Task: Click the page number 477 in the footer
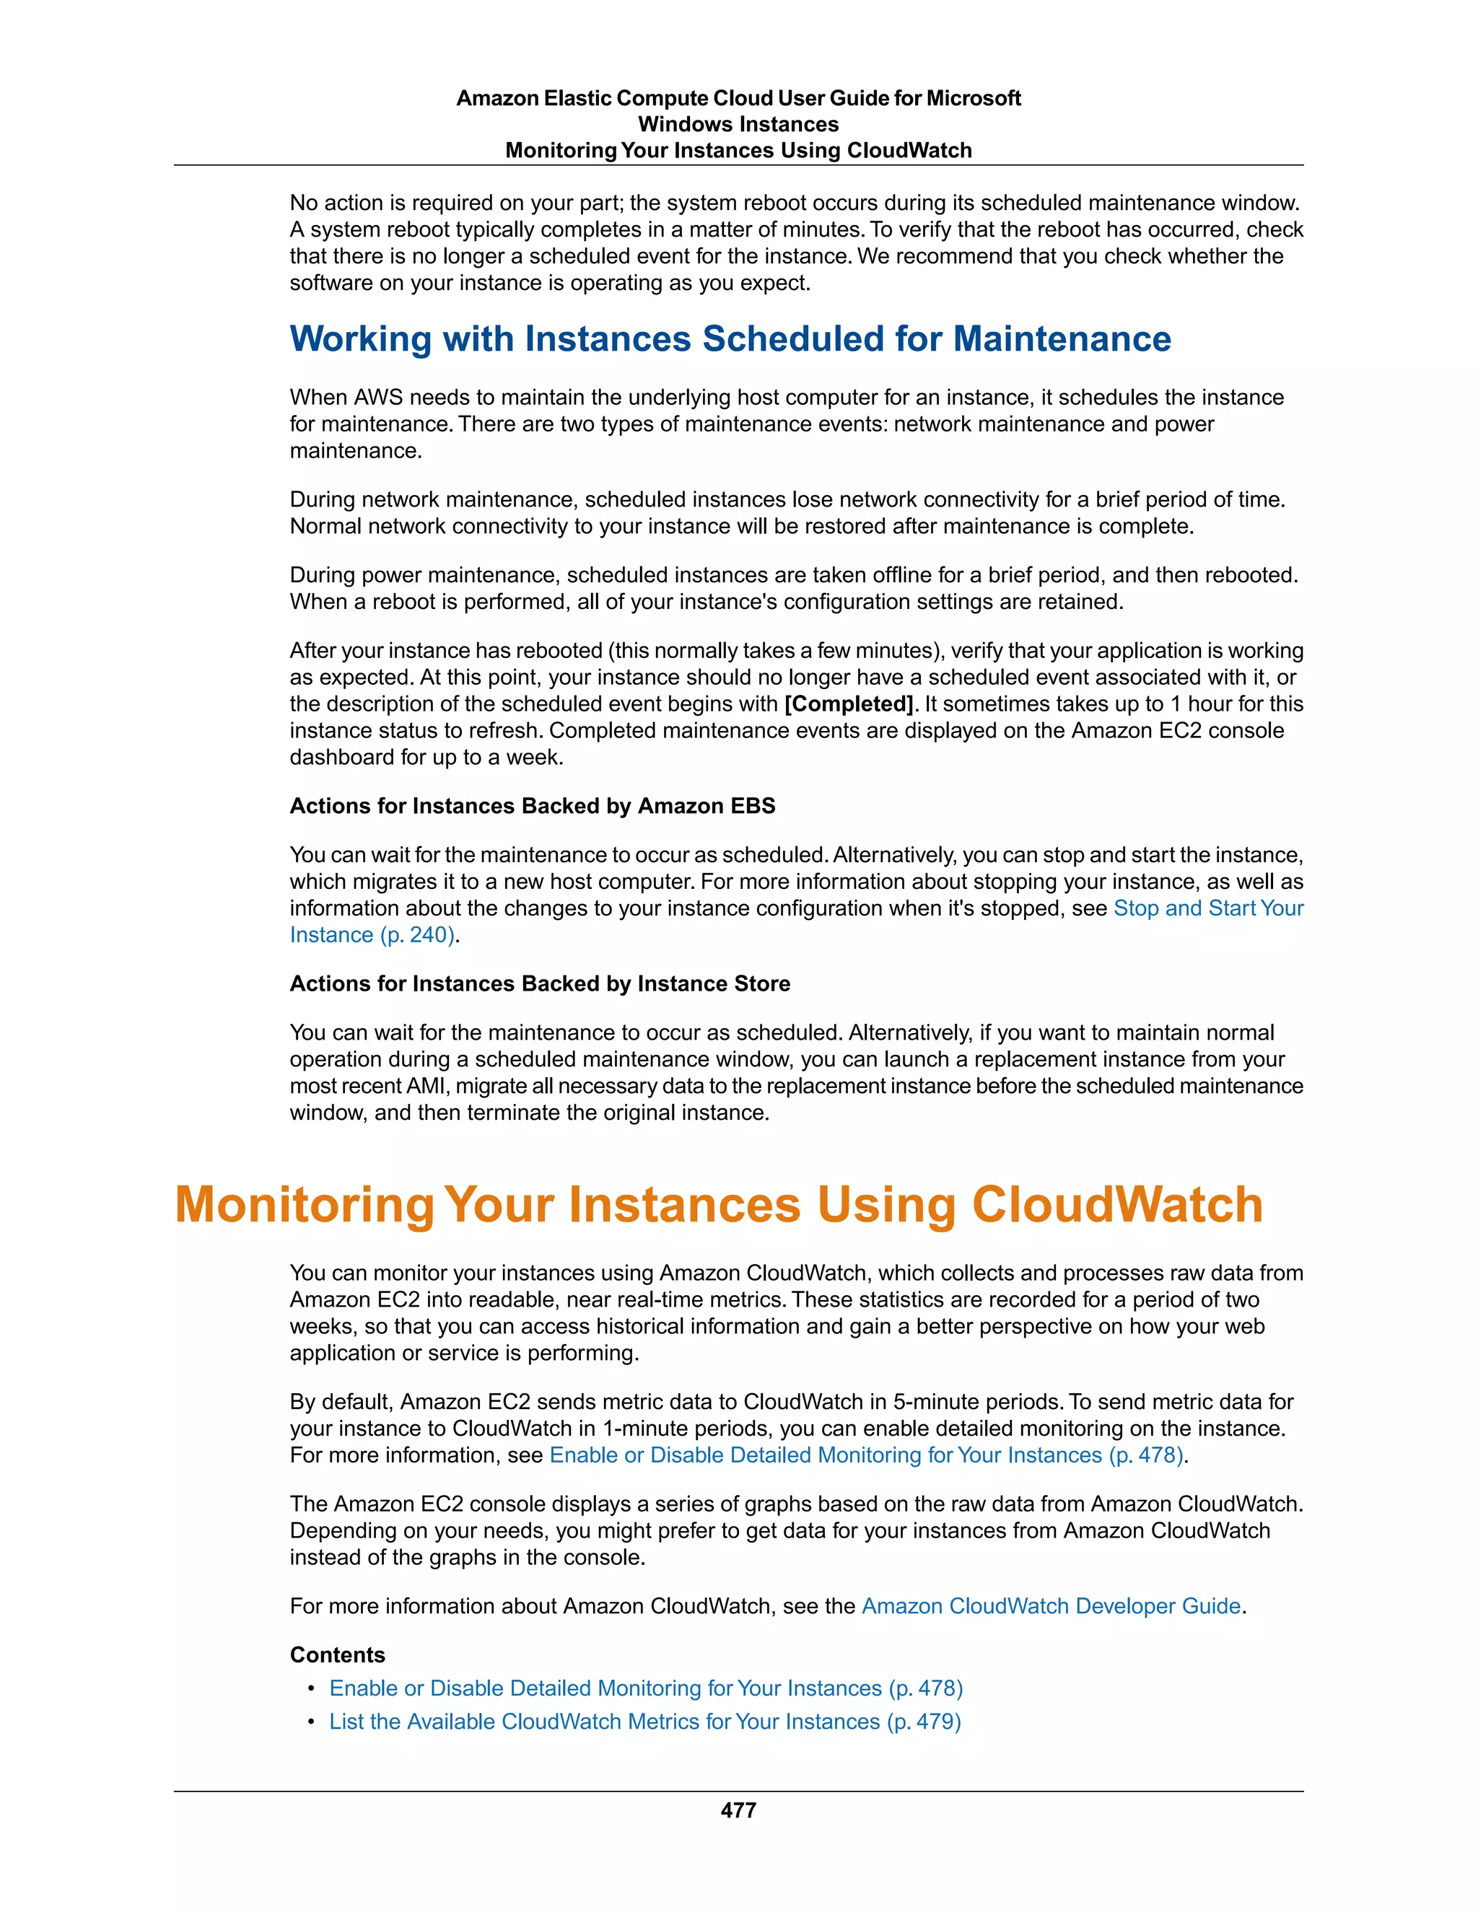(x=738, y=1810)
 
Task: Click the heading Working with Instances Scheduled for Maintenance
(x=730, y=339)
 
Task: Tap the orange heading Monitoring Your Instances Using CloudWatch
(x=718, y=1205)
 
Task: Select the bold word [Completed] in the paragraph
(x=849, y=704)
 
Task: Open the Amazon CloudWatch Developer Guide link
(x=1051, y=1605)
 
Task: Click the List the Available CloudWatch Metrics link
(x=644, y=1721)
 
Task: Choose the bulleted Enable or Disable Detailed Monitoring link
(x=645, y=1688)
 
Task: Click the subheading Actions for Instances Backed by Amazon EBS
(x=533, y=805)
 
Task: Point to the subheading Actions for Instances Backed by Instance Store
(x=539, y=983)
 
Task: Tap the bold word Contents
(x=337, y=1654)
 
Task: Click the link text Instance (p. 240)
(x=372, y=935)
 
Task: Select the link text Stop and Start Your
(x=1208, y=908)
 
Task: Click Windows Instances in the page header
(x=738, y=124)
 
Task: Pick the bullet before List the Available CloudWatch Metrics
(x=311, y=1721)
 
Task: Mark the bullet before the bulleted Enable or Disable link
(x=311, y=1688)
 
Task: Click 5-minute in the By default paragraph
(x=935, y=1402)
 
